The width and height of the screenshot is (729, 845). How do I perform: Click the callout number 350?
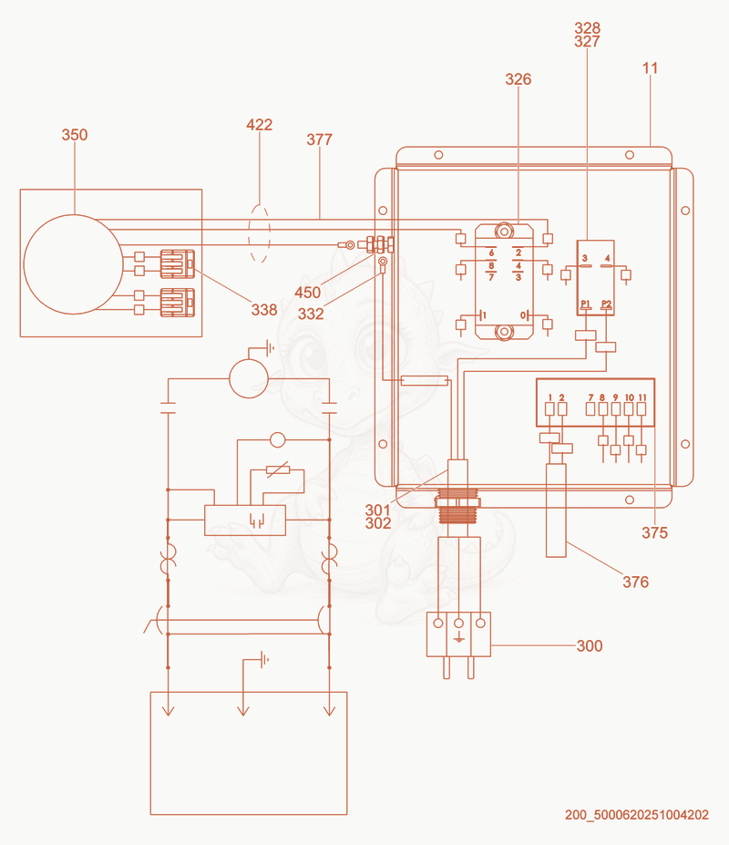[75, 135]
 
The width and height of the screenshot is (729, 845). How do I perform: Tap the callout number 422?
[259, 125]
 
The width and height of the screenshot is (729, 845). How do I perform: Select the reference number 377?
[320, 139]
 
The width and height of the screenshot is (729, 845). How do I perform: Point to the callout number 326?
[519, 79]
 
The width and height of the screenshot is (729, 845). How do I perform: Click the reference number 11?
[651, 68]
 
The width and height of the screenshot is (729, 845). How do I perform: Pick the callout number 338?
[264, 310]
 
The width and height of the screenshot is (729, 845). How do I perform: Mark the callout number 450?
[308, 293]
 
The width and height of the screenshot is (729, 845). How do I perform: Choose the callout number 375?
[654, 533]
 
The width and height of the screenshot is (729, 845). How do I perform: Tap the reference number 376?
[636, 582]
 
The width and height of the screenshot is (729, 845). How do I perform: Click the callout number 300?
[590, 645]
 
